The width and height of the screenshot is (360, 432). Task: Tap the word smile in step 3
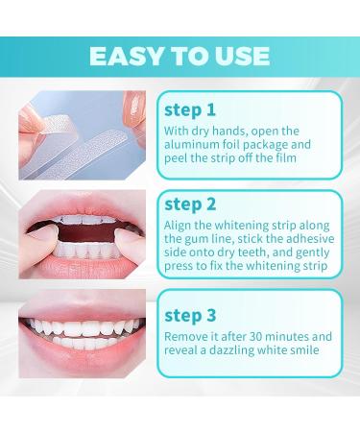pyautogui.click(x=307, y=353)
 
